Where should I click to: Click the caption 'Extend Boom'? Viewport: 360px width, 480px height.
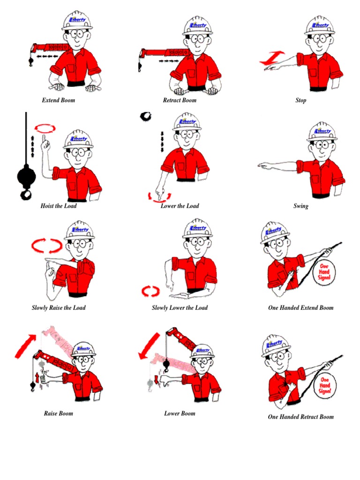tap(59, 100)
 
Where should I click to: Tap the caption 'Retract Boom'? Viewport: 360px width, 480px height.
tap(180, 100)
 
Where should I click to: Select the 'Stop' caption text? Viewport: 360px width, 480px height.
tap(301, 100)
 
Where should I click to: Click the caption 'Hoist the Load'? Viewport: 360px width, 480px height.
tap(59, 206)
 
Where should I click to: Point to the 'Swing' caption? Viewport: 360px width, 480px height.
tap(301, 206)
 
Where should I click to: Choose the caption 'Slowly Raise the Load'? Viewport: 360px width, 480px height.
tap(59, 308)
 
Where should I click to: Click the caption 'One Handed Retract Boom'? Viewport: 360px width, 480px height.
tap(301, 417)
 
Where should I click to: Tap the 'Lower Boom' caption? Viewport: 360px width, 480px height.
tap(180, 413)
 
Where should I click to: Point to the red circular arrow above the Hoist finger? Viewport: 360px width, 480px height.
tap(45, 128)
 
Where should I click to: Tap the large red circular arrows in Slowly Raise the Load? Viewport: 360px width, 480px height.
tap(46, 246)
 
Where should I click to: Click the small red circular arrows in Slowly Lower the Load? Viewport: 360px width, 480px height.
tap(151, 291)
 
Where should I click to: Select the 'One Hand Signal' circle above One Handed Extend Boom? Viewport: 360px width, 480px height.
tap(324, 271)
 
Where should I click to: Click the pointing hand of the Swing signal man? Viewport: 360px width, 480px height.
tap(265, 165)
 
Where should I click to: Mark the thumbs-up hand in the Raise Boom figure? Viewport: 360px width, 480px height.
tap(45, 377)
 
